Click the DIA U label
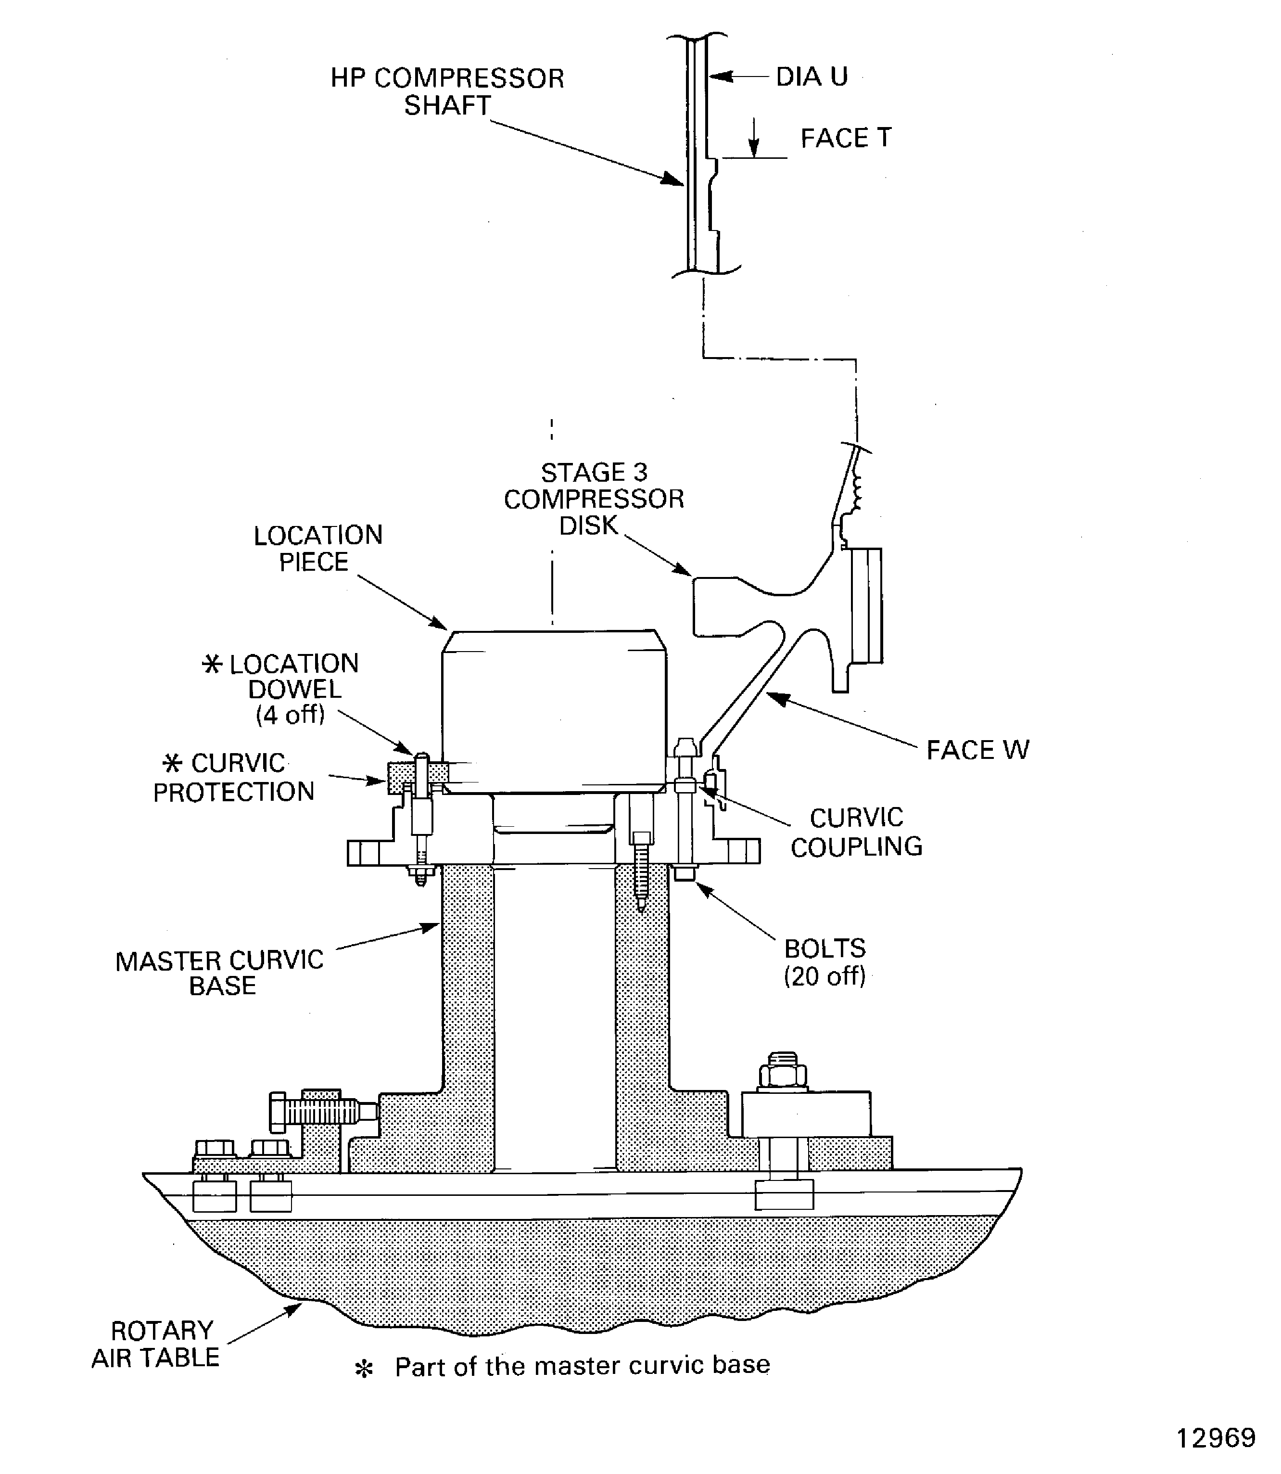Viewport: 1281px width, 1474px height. pos(812,77)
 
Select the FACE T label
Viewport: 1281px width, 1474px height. pos(845,138)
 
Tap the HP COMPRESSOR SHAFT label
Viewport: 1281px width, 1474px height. pos(447,91)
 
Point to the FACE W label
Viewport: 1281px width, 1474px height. pos(977,750)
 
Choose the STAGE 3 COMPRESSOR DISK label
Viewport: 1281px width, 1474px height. pos(593,499)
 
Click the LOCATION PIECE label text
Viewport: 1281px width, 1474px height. pos(317,549)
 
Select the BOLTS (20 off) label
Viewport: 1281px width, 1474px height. pos(825,962)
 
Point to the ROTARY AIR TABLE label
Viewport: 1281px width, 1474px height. pos(156,1344)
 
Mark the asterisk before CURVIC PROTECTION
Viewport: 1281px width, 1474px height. pos(172,764)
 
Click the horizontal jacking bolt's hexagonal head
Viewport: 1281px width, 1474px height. pos(278,1112)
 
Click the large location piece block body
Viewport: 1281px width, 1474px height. pos(554,712)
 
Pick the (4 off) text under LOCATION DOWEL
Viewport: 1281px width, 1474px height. pos(290,715)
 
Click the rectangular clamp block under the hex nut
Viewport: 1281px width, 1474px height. pos(806,1114)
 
